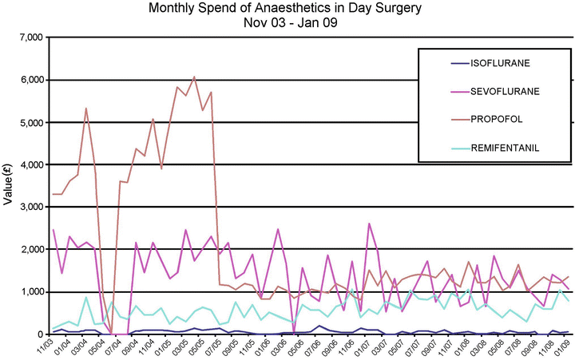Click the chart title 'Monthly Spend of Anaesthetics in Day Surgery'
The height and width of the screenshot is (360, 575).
pyautogui.click(x=286, y=9)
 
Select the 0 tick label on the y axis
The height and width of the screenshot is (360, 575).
pyautogui.click(x=38, y=334)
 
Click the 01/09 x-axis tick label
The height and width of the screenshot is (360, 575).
pyautogui.click(x=563, y=349)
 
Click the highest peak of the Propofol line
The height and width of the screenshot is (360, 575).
pyautogui.click(x=194, y=77)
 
